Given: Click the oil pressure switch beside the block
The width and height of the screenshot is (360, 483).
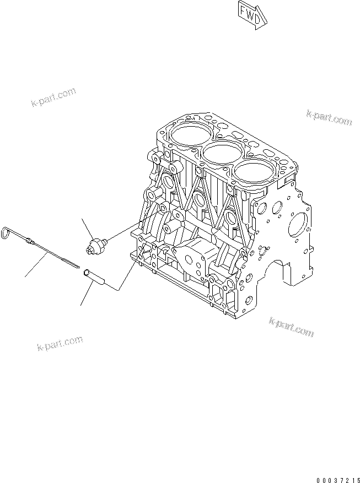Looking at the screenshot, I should coord(98,243).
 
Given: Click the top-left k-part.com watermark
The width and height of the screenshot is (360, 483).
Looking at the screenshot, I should coord(53,97).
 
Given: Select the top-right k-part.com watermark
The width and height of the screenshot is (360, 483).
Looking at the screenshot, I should coord(329,117).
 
